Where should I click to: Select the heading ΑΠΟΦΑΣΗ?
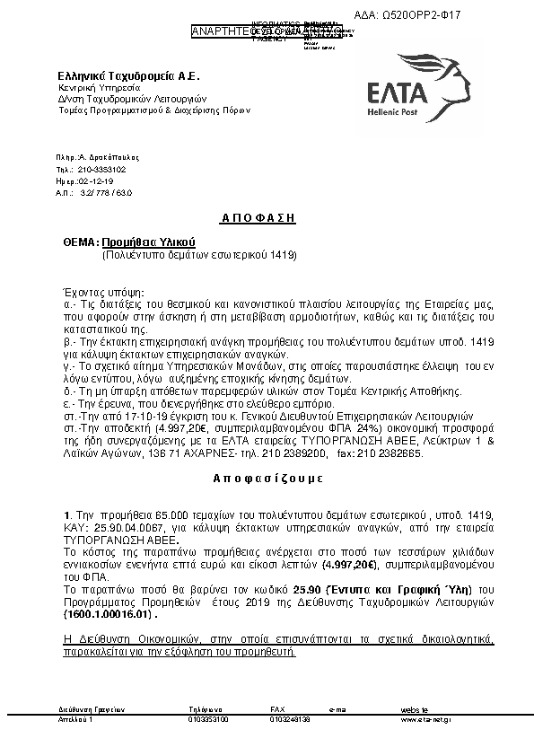click(x=258, y=218)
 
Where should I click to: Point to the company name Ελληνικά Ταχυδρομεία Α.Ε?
click(x=115, y=77)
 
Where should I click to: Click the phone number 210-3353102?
click(x=102, y=169)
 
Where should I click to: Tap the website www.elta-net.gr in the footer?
click(x=426, y=719)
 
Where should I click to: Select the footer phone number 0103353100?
click(x=208, y=719)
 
